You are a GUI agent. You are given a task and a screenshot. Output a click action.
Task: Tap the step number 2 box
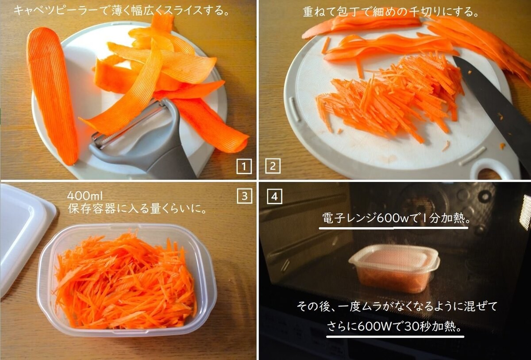click(273, 166)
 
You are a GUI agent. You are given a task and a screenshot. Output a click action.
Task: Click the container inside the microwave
click(394, 268)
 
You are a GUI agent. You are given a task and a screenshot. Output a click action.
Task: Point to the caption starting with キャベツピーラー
click(121, 10)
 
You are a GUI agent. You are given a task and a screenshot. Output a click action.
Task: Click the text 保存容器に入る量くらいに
click(138, 208)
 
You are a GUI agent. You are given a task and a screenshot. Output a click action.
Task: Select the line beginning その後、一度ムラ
click(392, 306)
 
